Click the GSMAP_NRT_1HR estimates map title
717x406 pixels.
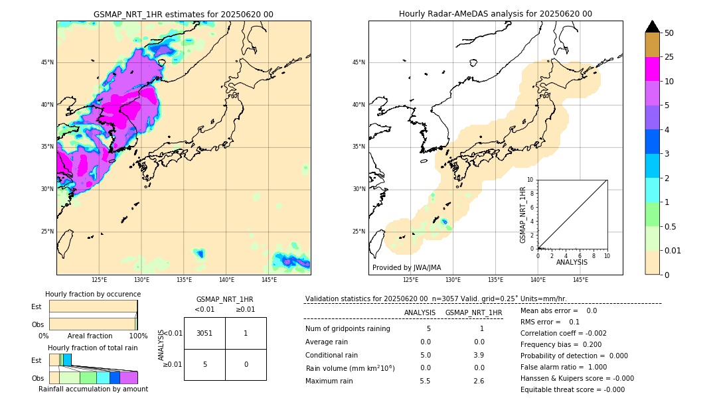click(x=183, y=14)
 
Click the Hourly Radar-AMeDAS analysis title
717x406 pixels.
click(x=495, y=14)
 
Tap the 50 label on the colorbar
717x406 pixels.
click(x=669, y=33)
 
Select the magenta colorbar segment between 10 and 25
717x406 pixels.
click(x=652, y=69)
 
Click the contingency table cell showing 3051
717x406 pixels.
click(x=204, y=333)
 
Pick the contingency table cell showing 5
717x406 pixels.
click(x=204, y=364)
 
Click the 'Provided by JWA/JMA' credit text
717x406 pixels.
click(x=406, y=267)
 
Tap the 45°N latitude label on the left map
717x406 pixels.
click(x=47, y=62)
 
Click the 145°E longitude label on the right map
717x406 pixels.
click(x=580, y=280)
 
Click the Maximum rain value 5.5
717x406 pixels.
click(x=426, y=381)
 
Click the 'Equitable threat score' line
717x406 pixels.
click(x=572, y=389)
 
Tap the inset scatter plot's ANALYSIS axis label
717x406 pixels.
click(x=572, y=263)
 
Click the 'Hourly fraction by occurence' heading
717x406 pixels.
click(x=93, y=294)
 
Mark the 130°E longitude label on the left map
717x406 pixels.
click(x=141, y=280)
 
